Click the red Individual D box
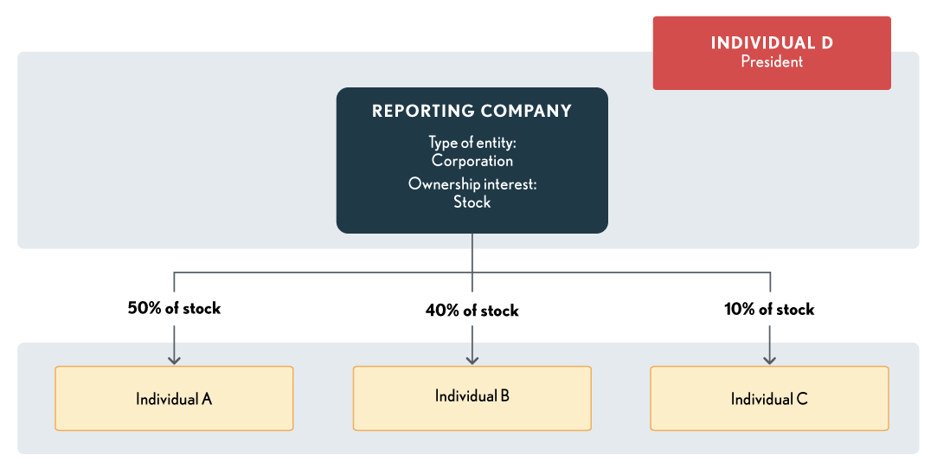771,53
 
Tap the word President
772,62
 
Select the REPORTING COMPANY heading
472,111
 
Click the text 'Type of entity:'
472,143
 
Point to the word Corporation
472,161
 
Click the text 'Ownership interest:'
472,184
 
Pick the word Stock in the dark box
472,202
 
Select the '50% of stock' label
174,308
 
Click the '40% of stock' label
472,310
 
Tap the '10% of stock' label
769,309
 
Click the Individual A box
174,398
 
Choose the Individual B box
472,397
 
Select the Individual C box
769,398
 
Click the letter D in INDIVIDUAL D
826,42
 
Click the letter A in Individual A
207,399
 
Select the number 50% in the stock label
144,308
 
